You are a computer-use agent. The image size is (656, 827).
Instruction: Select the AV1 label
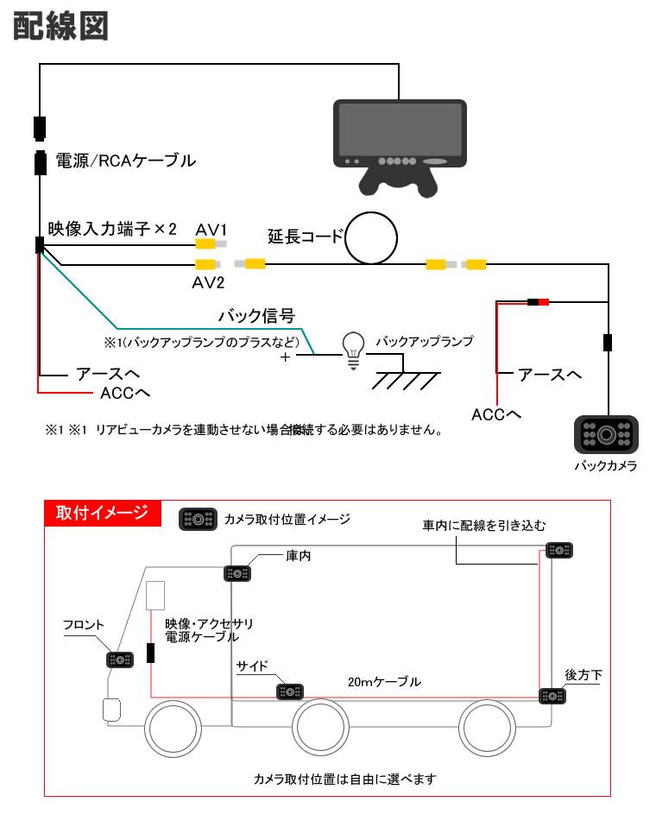210,229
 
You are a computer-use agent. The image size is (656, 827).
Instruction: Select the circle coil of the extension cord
370,240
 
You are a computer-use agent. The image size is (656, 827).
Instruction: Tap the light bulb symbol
352,350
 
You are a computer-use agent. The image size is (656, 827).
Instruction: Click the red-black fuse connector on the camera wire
539,302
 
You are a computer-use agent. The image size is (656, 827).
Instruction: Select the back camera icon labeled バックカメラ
606,433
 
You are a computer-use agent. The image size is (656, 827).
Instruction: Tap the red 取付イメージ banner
102,512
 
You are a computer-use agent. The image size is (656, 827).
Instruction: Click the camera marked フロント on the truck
119,660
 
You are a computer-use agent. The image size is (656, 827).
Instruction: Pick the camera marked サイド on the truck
289,691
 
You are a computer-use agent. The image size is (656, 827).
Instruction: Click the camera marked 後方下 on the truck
552,696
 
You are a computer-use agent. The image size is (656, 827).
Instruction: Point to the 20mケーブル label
384,681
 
